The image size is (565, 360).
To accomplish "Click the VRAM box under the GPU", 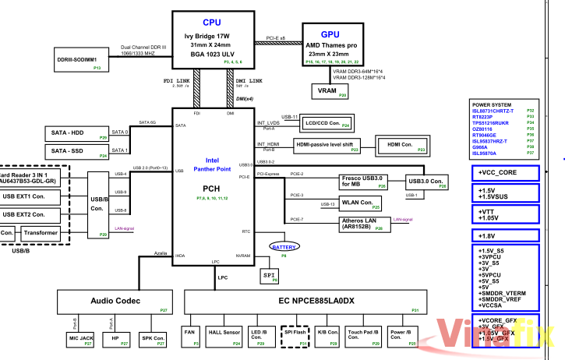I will coord(327,92).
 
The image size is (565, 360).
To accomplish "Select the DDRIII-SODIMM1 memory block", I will coord(77,62).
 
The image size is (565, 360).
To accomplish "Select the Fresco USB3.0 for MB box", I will coord(364,182).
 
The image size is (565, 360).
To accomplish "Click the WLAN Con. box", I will coord(361,204).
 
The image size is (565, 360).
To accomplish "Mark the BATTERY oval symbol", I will coord(283,247).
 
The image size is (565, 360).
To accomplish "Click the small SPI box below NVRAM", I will coord(267,275).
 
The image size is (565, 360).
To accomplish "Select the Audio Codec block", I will coord(116,300).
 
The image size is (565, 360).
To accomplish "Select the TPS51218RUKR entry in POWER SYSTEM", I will coord(491,123).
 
